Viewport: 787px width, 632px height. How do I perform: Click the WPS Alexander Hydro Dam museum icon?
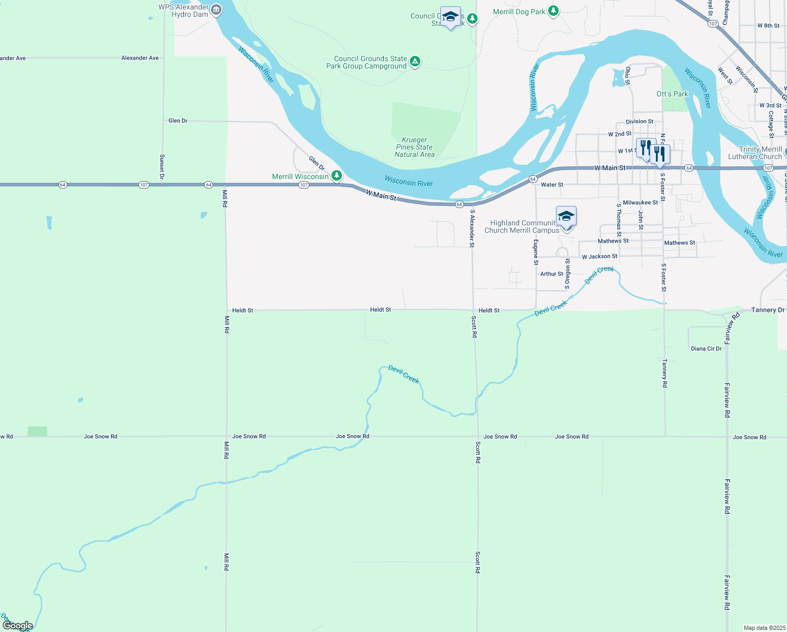pos(216,9)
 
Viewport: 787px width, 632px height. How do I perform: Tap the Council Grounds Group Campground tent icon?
pos(415,62)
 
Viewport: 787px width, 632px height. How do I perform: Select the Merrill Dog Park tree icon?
pos(553,11)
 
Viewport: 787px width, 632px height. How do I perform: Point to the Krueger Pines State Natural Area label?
pos(415,147)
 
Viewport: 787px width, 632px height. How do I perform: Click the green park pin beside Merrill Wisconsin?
pos(337,176)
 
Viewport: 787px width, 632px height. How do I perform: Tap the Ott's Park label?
pos(672,94)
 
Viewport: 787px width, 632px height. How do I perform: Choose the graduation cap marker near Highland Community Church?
pos(566,217)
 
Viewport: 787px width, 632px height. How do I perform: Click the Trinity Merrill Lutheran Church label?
pos(755,153)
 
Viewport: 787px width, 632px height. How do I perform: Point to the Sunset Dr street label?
pos(162,167)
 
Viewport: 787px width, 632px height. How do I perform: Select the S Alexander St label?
pos(472,229)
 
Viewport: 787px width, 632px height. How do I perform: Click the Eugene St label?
pos(536,252)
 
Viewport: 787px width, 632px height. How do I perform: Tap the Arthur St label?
pos(551,274)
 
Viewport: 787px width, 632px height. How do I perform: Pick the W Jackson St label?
pos(599,256)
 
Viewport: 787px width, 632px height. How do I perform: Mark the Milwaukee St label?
pos(640,202)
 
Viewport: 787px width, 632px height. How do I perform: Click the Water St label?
pos(552,185)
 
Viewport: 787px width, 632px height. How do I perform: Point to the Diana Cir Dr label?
pos(706,349)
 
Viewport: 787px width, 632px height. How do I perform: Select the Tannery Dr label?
pos(768,310)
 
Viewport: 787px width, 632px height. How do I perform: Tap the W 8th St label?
pos(768,25)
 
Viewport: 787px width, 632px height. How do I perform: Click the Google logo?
pos(18,626)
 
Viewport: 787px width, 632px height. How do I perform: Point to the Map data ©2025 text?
pos(764,628)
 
